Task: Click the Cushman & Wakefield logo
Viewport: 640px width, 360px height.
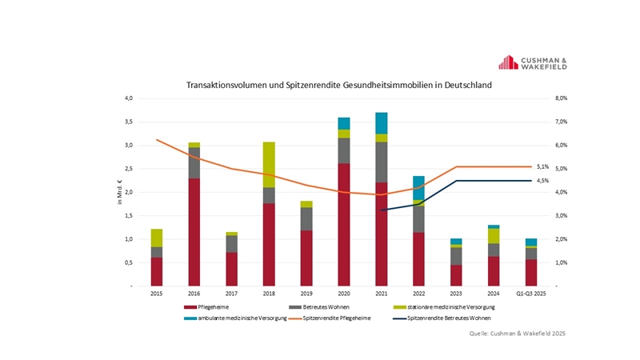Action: pos(533,63)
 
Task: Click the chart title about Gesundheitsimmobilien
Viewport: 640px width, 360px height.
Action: pos(339,84)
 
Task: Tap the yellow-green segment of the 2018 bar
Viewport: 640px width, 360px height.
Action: pos(269,165)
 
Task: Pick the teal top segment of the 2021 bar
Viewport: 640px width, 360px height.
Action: pos(382,123)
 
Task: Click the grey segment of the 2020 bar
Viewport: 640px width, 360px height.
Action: pos(344,150)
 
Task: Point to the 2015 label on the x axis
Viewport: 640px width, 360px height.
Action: pos(157,294)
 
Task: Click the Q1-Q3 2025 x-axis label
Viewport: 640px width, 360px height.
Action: pos(530,294)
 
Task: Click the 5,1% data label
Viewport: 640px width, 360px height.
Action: pos(542,166)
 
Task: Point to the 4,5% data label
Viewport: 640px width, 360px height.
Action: pos(542,181)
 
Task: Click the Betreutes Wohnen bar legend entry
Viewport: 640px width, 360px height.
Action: pos(314,308)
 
